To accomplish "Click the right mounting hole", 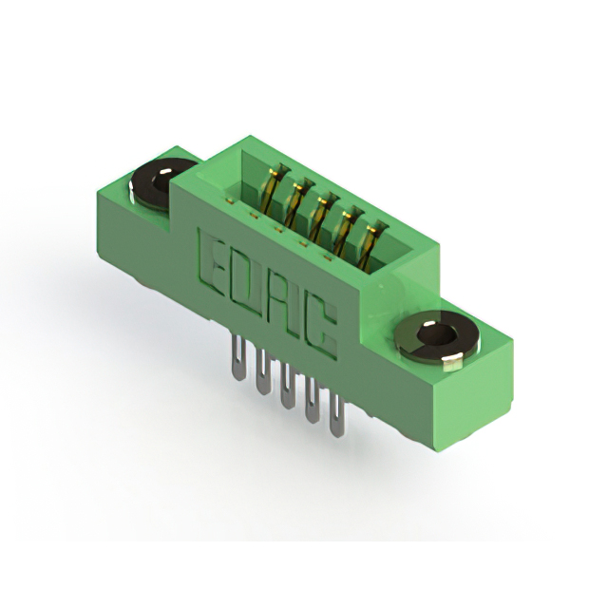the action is [437, 336].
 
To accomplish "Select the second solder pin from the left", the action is [264, 371].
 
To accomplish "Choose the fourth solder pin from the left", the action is [312, 400].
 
